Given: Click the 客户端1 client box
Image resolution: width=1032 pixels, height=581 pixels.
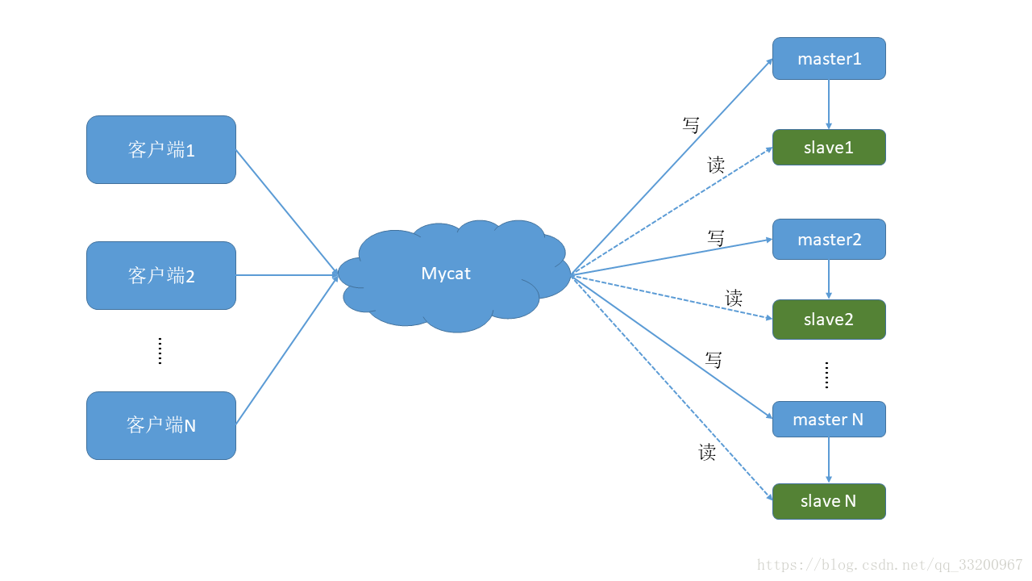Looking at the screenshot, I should (161, 149).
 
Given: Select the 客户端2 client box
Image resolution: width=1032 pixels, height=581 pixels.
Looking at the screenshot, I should (161, 275).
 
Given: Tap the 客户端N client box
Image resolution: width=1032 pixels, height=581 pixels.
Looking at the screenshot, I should (161, 425).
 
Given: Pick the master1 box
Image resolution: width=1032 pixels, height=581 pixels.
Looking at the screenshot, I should (829, 59).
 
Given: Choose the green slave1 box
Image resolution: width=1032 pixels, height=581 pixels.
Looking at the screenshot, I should (829, 148).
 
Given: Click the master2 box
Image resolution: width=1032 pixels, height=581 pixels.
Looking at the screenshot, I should (829, 240).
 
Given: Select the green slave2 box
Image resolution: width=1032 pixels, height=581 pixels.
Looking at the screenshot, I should (829, 320).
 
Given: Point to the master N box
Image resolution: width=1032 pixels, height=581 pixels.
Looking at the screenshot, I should (829, 420).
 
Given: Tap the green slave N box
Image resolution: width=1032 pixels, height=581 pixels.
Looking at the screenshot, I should (829, 501).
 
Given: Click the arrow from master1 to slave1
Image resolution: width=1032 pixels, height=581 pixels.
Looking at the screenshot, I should (829, 104).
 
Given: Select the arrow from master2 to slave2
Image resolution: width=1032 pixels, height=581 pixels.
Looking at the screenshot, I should (829, 279).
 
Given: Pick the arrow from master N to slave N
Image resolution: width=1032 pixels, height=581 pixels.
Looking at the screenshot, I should (829, 460).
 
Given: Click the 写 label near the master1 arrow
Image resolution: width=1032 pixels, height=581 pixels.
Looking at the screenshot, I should (691, 125).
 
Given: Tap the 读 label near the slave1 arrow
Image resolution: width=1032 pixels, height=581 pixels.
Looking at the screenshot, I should (716, 165).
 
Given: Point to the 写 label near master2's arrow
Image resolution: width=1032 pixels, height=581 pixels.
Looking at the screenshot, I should (716, 238).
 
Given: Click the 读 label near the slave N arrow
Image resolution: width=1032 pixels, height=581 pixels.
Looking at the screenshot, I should (707, 452).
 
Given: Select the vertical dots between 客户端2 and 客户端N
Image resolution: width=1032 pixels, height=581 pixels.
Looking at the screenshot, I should (160, 351).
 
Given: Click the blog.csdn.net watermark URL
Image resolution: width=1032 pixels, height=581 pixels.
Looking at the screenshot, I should (890, 565).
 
